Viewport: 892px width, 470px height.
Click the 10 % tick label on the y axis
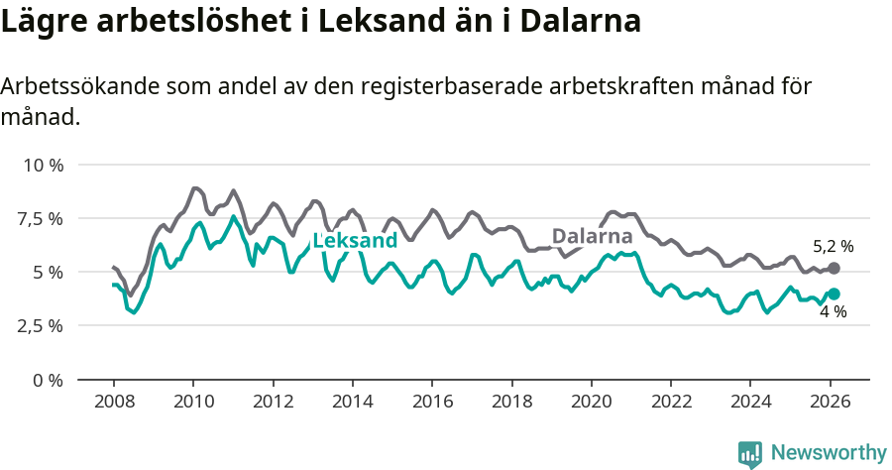(x=43, y=165)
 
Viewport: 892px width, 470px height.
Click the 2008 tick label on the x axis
(x=114, y=403)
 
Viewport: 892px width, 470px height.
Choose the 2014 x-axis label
(x=352, y=403)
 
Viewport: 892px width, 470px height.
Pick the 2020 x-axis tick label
(x=591, y=403)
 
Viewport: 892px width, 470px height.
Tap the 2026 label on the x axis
(x=829, y=403)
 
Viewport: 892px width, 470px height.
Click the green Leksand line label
(x=355, y=240)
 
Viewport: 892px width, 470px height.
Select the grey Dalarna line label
(x=592, y=236)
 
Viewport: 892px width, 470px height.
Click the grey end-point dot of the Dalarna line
(x=834, y=269)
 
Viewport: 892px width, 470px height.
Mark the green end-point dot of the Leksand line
(x=834, y=294)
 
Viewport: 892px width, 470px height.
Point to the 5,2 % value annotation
(x=833, y=246)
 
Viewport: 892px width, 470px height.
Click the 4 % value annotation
(x=833, y=312)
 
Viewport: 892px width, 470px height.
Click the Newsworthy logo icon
(x=750, y=453)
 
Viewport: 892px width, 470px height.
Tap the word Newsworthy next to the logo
(x=829, y=453)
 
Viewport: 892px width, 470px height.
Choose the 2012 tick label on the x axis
(x=273, y=403)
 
